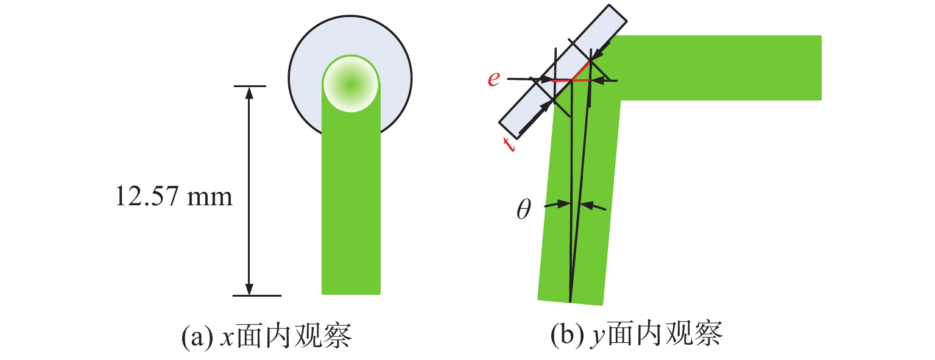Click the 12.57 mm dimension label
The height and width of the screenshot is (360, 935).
(x=174, y=197)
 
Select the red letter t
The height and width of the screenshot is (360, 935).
(x=508, y=144)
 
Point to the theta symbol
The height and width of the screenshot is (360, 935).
(x=523, y=210)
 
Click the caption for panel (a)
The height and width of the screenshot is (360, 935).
(x=268, y=336)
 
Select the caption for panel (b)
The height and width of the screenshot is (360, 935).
(x=636, y=336)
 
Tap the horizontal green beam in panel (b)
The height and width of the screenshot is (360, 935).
(x=719, y=67)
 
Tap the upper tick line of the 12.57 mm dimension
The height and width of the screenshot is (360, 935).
(x=250, y=86)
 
